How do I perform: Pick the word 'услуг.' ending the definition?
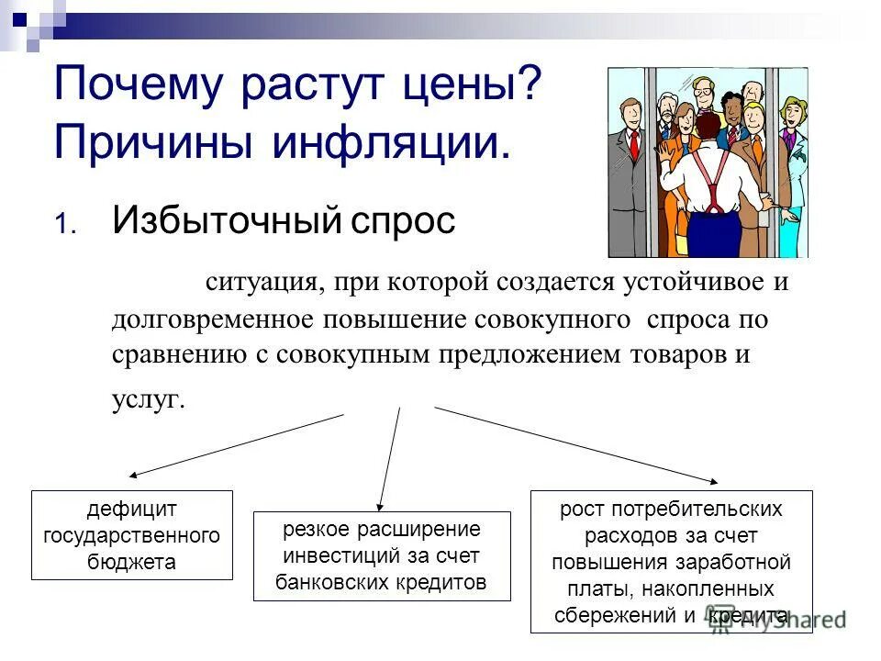[x=148, y=399]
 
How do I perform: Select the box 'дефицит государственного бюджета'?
[x=132, y=535]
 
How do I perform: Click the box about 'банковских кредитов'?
[x=381, y=556]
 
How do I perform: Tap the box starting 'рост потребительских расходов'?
[x=672, y=561]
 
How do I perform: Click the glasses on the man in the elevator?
[x=701, y=93]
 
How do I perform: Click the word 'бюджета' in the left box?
[x=132, y=562]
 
